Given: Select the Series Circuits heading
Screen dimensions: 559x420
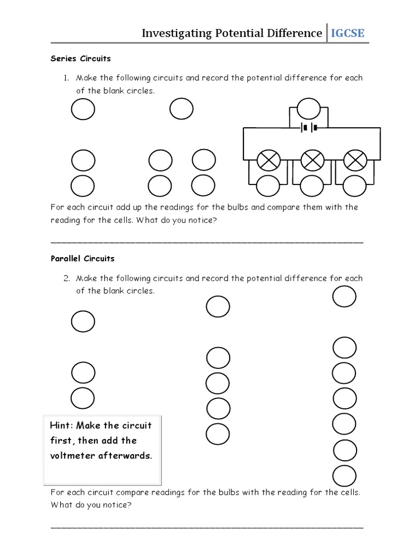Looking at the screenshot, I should [81, 58].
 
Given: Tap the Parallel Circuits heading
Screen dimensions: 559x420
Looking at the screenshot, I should [83, 258].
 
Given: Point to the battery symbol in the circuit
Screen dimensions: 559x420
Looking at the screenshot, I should [307, 128].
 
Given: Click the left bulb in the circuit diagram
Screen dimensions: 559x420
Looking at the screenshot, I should [269, 160].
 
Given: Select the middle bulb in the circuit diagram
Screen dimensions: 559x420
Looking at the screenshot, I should [312, 160].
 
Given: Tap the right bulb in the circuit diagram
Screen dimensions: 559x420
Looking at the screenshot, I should [355, 160].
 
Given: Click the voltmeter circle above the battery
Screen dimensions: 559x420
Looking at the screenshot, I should [308, 109].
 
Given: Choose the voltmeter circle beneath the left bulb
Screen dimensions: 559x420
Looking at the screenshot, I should [268, 186].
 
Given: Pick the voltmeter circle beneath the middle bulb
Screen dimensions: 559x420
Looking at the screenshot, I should [312, 186].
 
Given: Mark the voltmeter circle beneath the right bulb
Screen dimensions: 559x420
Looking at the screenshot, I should [354, 186].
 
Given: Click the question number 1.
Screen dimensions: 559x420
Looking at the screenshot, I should [66, 78].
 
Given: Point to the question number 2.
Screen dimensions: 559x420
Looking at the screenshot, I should [66, 278].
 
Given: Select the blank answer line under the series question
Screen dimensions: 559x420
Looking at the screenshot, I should [207, 241].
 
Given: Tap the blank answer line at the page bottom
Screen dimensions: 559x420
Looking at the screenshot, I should [207, 527].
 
